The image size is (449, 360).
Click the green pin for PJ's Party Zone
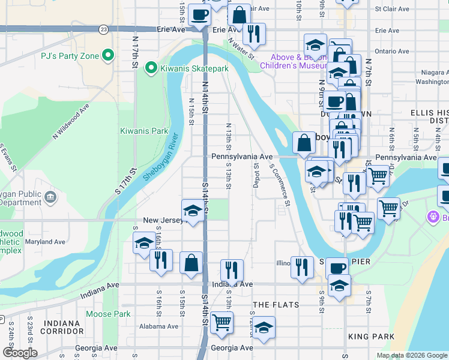click(x=108, y=56)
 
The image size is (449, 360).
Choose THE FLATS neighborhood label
click(x=276, y=305)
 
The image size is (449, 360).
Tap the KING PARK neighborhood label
click(x=367, y=338)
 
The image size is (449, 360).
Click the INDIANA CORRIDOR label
click(x=62, y=327)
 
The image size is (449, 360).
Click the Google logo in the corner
click(x=20, y=353)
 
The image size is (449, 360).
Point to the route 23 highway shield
click(x=104, y=29)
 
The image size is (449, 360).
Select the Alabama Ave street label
click(x=158, y=327)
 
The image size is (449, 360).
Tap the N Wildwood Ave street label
click(x=71, y=122)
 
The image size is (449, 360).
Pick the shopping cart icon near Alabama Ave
click(x=221, y=322)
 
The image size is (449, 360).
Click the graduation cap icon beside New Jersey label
click(x=192, y=211)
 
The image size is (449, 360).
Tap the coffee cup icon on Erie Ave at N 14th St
click(x=199, y=14)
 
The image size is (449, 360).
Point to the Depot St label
click(x=256, y=174)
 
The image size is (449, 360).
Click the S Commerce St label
click(x=280, y=186)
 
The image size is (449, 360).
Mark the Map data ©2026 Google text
click(x=412, y=355)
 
